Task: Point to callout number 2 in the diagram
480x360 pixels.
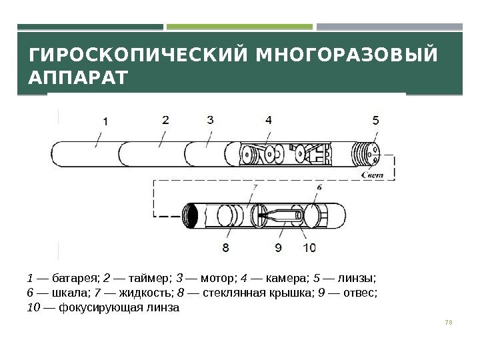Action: tap(165, 121)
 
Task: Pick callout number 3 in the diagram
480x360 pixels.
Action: tap(210, 121)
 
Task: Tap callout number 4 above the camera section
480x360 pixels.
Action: tap(268, 121)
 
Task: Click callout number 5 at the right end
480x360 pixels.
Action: tap(376, 121)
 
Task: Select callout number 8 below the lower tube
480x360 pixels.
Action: tap(226, 248)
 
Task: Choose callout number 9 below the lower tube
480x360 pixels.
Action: tap(278, 248)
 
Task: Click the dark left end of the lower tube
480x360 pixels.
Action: tap(193, 217)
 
